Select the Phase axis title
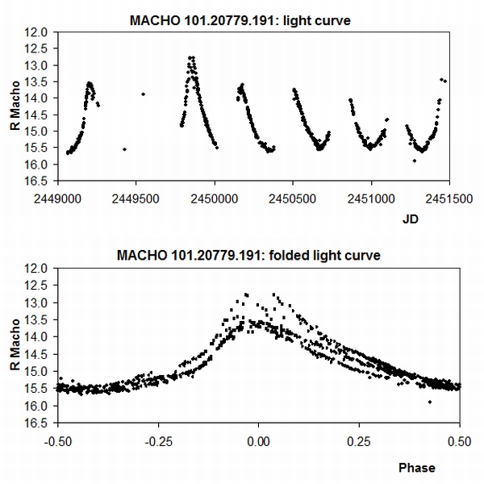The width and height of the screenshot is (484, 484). pyautogui.click(x=417, y=467)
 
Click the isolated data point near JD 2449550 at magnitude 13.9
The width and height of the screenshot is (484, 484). pyautogui.click(x=143, y=94)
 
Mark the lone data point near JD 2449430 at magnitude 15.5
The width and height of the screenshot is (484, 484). pyautogui.click(x=124, y=149)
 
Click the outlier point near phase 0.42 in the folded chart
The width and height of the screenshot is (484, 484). pyautogui.click(x=429, y=401)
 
